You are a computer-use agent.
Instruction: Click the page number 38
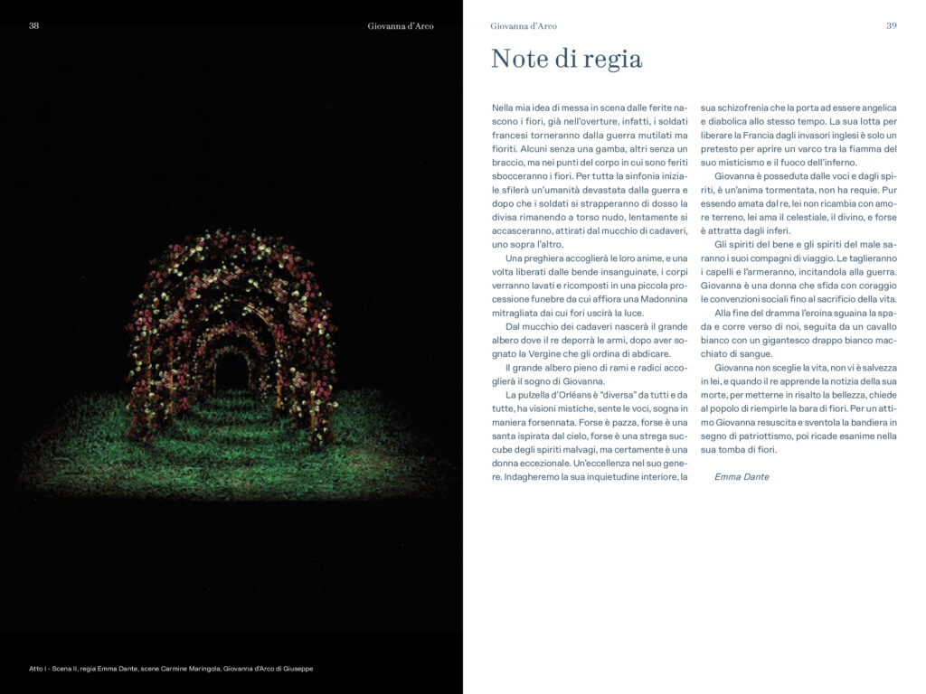33,26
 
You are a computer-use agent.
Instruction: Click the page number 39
891,26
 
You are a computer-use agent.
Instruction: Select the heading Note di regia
566,60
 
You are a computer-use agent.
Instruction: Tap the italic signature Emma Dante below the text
742,476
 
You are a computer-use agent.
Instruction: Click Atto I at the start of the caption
39,668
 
